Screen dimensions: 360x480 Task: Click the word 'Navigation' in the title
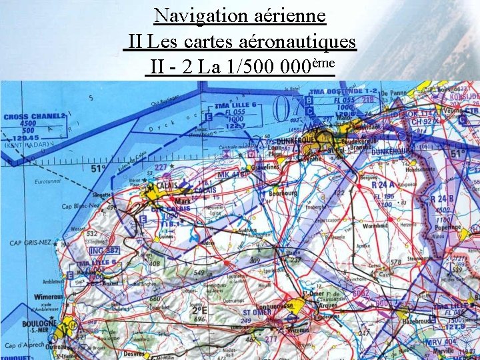[x=194, y=15]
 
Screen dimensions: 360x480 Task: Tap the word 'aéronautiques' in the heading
[x=299, y=42]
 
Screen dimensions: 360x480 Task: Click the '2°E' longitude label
[x=198, y=309]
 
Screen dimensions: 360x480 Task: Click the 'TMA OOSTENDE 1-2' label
[x=344, y=91]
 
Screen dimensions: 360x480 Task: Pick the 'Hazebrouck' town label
[x=418, y=321]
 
